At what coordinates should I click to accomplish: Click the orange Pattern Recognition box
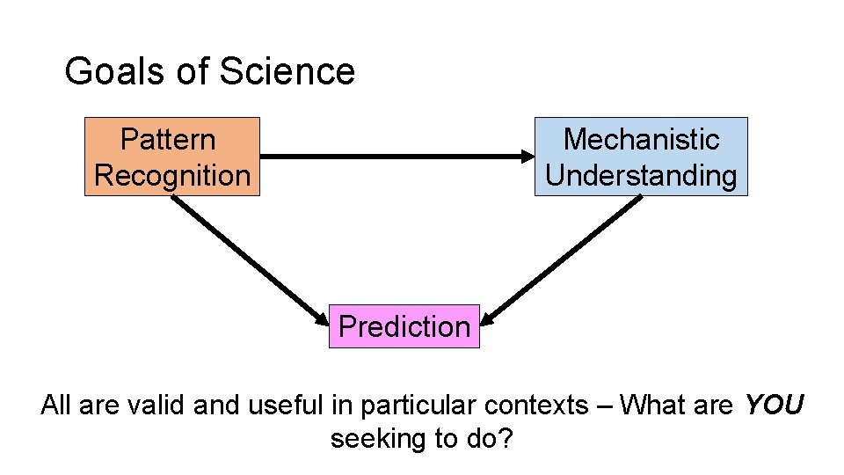(x=172, y=157)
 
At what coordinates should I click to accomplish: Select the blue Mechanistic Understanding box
(x=641, y=157)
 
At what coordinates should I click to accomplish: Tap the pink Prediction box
(x=404, y=326)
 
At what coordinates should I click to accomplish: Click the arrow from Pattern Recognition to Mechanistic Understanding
(x=396, y=157)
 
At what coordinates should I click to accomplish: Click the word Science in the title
(x=287, y=71)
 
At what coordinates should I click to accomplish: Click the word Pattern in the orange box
(x=168, y=139)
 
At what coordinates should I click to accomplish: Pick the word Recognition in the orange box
(x=172, y=175)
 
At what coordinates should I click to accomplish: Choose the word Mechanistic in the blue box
(x=641, y=139)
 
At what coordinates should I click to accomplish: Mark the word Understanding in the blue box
(x=641, y=175)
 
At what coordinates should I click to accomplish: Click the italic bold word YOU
(x=774, y=405)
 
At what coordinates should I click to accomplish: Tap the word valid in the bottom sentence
(x=151, y=405)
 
